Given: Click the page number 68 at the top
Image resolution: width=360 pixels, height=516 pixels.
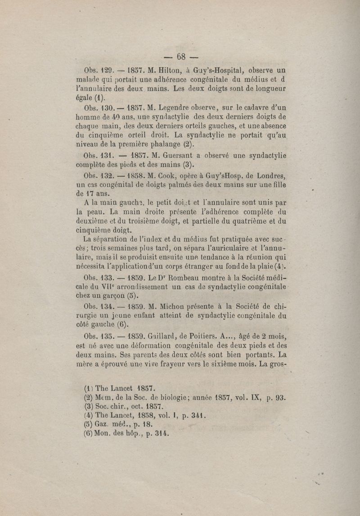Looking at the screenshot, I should (x=181, y=56).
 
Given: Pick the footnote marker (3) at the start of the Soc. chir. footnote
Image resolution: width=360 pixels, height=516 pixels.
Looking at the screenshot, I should (x=88, y=407).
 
